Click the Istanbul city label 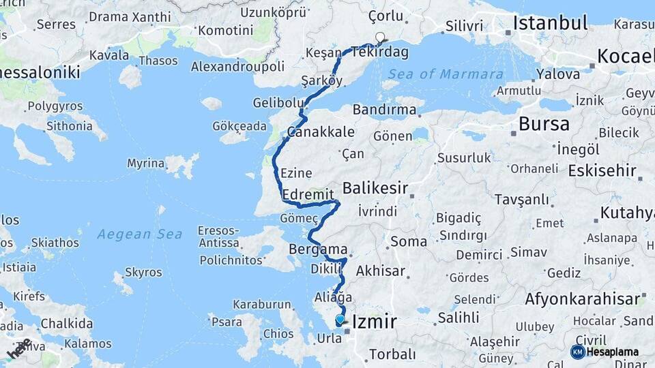[x=550, y=23]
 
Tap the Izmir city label [x=373, y=320]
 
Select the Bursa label [x=544, y=124]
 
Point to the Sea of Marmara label [x=446, y=74]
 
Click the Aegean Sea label [x=139, y=234]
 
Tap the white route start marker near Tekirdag [x=380, y=38]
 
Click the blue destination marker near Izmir [x=340, y=319]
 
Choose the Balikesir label [x=375, y=187]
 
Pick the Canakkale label [x=321, y=132]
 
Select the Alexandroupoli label [x=237, y=67]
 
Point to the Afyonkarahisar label [x=583, y=298]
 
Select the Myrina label [x=145, y=164]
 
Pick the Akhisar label [x=381, y=271]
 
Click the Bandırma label [x=385, y=110]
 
